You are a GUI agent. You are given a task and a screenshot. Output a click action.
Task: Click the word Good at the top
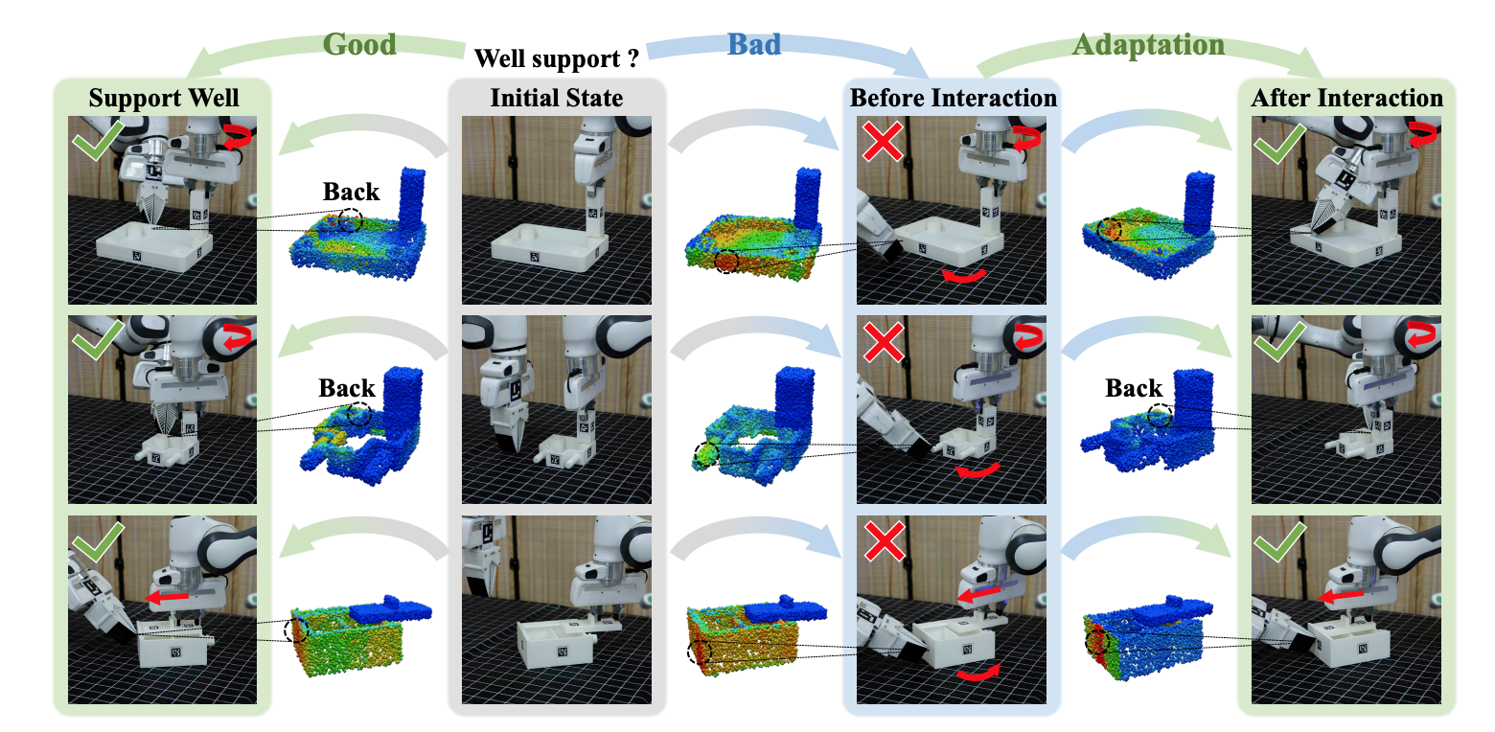[x=359, y=44]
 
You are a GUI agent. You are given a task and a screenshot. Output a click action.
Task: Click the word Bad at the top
[x=754, y=44]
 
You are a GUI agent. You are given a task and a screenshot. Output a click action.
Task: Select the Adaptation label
[x=1148, y=44]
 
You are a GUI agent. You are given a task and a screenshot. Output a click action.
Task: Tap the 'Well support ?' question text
[x=557, y=59]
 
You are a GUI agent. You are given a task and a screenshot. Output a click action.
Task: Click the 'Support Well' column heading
[x=164, y=98]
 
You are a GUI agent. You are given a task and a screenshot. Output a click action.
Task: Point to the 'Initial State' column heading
[x=557, y=98]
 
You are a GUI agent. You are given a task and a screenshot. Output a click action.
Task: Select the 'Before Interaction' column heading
[x=954, y=98]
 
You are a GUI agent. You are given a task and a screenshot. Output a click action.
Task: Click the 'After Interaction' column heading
[x=1346, y=98]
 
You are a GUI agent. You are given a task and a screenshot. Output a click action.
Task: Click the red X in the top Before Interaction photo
[x=883, y=143]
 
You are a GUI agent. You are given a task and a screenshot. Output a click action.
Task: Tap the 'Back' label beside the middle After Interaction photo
[x=1134, y=389]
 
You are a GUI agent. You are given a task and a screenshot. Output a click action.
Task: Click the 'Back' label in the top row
[x=351, y=193]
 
